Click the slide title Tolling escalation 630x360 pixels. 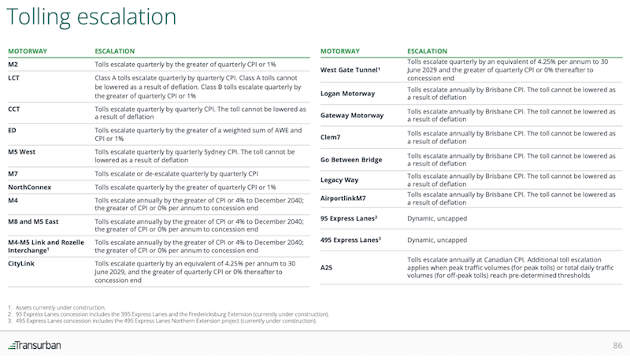click(92, 17)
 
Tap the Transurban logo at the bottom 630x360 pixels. click(35, 346)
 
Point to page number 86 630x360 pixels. click(617, 346)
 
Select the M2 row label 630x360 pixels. click(14, 64)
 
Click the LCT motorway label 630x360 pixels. click(14, 78)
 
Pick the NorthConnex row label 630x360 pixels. click(30, 187)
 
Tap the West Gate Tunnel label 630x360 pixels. click(350, 70)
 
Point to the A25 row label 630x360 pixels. click(328, 267)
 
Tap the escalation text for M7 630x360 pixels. click(171, 173)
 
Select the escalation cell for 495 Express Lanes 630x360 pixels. click(430, 239)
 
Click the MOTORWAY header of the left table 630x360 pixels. click(28, 50)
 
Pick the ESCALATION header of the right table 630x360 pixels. click(430, 50)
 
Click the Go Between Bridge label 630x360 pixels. click(351, 159)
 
